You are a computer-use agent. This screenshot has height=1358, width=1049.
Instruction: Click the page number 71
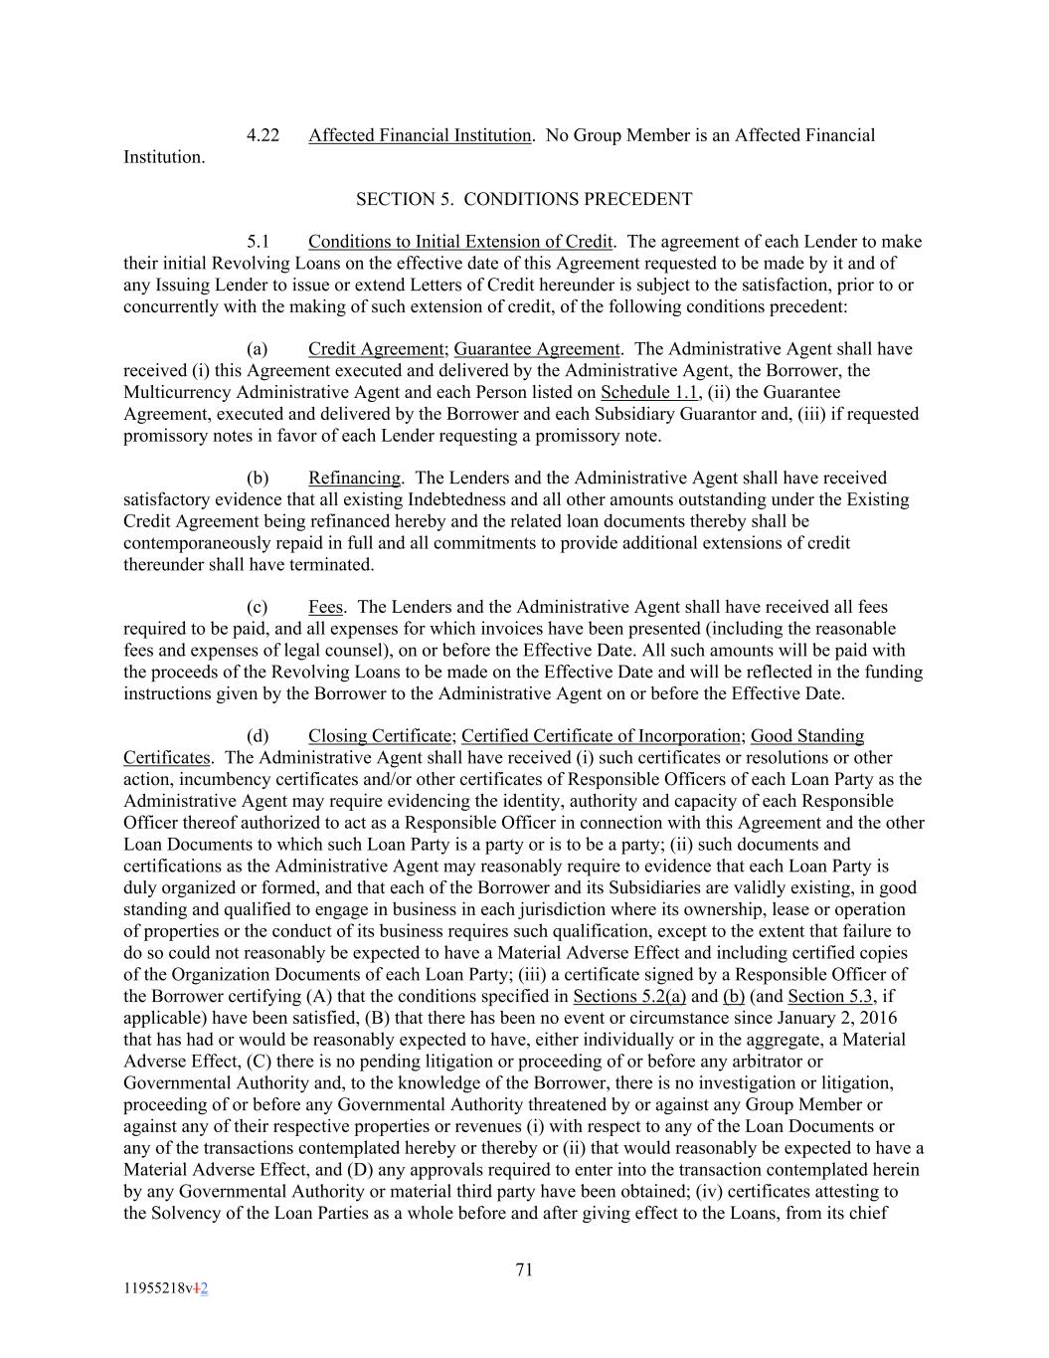[525, 1269]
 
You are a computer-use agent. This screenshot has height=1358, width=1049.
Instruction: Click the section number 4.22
[262, 135]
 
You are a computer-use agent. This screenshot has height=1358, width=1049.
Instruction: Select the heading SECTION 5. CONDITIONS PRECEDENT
[524, 199]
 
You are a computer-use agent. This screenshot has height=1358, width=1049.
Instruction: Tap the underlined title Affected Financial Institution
[420, 135]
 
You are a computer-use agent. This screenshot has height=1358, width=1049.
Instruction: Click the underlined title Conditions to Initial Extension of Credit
[460, 242]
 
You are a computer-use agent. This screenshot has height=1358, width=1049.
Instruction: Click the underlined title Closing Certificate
[380, 736]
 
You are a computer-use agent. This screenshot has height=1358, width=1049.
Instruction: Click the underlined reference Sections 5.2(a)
[629, 997]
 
